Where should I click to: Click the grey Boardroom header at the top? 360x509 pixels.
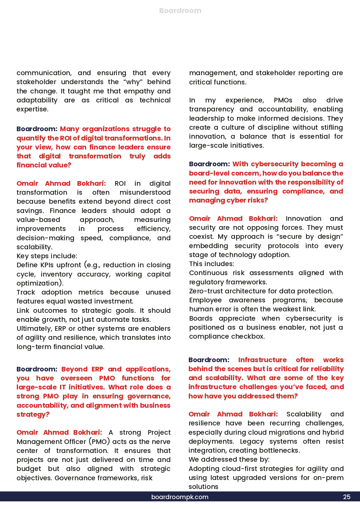pos(180,11)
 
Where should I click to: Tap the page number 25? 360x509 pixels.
pos(347,497)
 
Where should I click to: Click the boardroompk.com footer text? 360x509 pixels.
pos(180,497)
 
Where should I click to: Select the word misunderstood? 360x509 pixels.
pos(145,192)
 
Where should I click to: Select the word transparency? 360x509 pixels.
pos(211,109)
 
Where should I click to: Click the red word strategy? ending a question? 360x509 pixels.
pos(33,414)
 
